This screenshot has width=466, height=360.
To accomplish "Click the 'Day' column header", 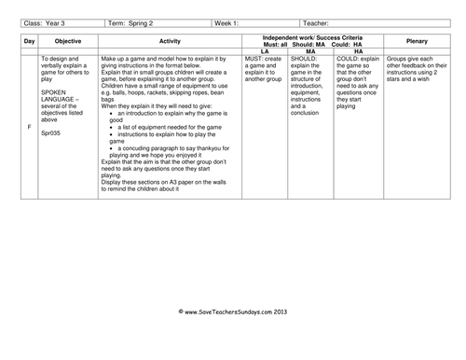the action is [29, 42].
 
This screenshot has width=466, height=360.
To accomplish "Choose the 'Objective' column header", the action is [65, 42].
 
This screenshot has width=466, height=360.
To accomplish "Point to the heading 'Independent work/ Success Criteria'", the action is [311, 35].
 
